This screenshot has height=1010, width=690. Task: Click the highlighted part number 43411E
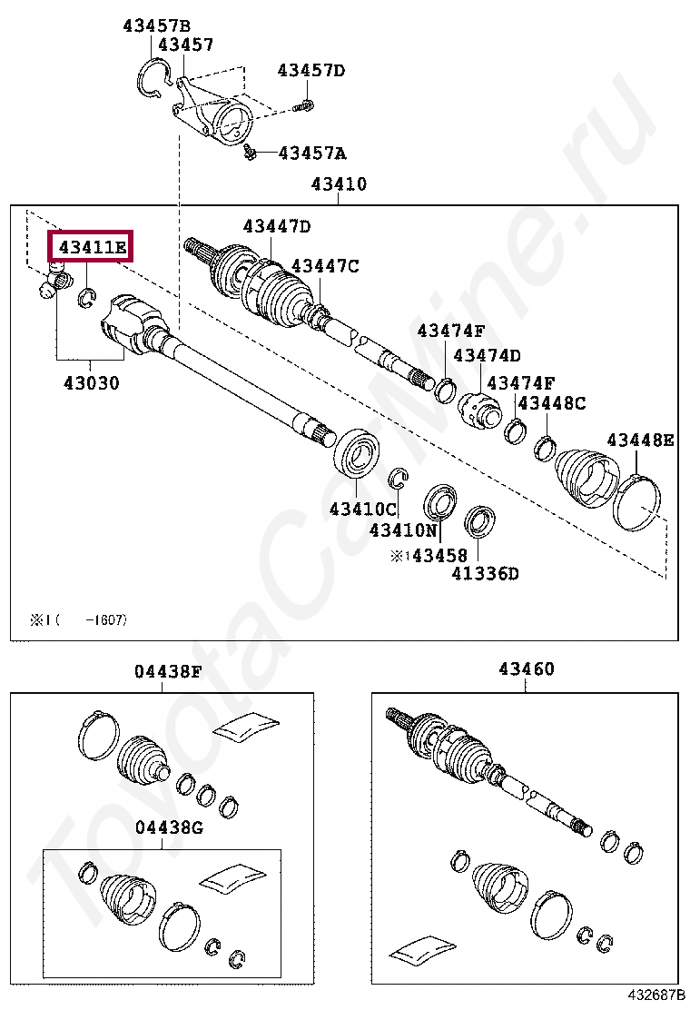pos(91,246)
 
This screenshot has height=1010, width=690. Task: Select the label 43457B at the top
pos(156,25)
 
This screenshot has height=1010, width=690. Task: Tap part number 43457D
pos(311,70)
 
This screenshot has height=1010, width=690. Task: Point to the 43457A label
pos(311,153)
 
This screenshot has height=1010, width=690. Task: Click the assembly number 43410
pos(339,184)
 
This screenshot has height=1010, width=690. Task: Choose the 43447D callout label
pos(276,226)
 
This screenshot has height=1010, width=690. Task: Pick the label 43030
pos(91,382)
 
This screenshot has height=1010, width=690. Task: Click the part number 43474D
pos(487,355)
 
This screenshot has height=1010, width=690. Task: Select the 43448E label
pos(640,441)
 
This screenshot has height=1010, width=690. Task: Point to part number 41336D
pos(486,573)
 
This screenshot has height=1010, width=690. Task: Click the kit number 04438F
pos(168,672)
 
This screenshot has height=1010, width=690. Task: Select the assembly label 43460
pos(526,669)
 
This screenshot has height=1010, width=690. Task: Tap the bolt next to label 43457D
pos(305,105)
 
